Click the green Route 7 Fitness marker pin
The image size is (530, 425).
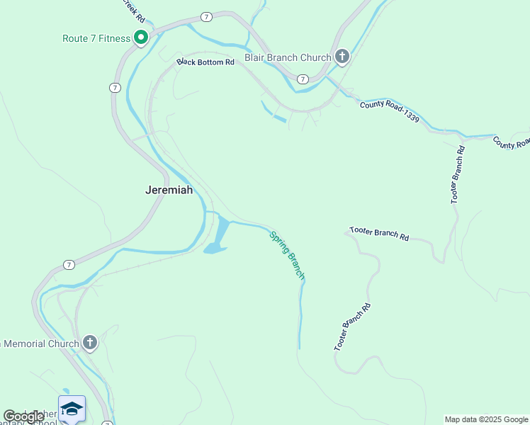click(140, 38)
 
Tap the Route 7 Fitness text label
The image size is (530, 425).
click(96, 38)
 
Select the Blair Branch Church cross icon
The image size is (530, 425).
click(342, 57)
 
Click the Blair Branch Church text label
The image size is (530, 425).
click(288, 57)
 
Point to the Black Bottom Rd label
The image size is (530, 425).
click(205, 62)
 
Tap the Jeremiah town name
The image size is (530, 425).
click(169, 190)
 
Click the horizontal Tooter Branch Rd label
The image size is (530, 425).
click(379, 234)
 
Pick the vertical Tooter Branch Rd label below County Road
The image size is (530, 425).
click(458, 175)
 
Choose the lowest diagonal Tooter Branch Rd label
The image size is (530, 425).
click(352, 327)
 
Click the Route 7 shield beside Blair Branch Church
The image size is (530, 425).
click(303, 79)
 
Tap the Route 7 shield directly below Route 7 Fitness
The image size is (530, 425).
click(114, 87)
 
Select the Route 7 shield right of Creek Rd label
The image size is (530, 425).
click(205, 16)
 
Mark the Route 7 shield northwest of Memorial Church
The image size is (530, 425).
click(68, 264)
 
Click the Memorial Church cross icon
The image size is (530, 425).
click(89, 344)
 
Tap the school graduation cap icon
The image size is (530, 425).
click(72, 409)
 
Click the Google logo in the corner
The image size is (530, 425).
click(23, 416)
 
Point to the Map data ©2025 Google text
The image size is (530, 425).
click(486, 419)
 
